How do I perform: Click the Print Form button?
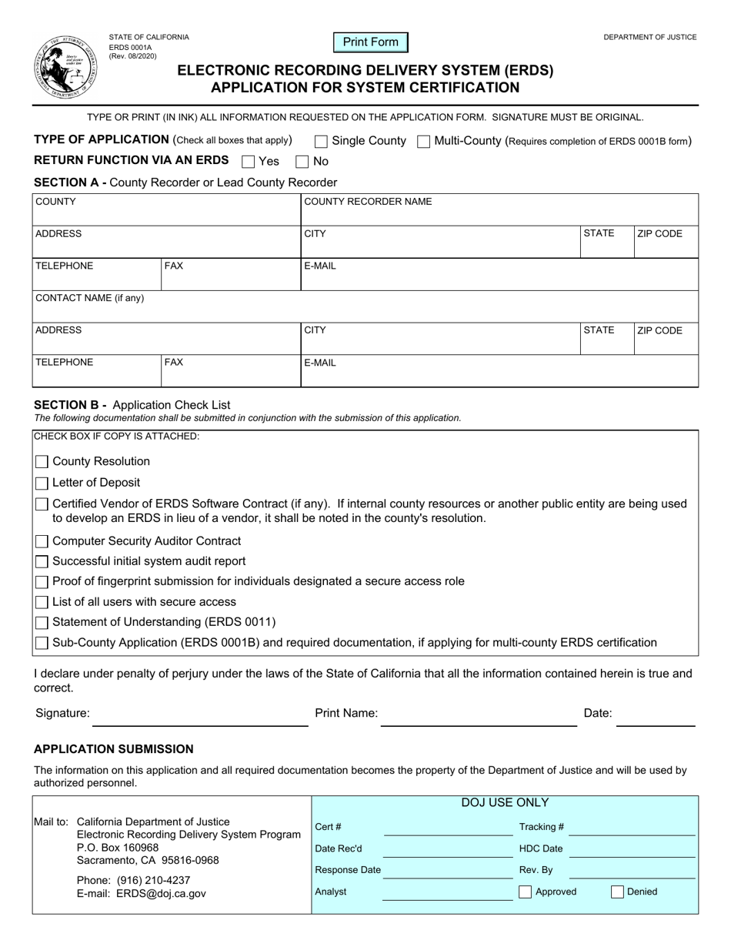tap(370, 42)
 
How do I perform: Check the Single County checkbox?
tap(322, 142)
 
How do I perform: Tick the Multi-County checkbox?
tap(423, 142)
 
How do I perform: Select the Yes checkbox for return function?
tap(248, 162)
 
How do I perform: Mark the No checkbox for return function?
tap(302, 162)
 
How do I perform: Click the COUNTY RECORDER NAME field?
tap(499, 210)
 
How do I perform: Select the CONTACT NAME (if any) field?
tap(365, 306)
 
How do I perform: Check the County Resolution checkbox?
tap(42, 462)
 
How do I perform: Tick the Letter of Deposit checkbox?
tap(42, 484)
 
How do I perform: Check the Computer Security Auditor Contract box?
tap(42, 542)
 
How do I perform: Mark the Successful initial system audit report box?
tap(42, 562)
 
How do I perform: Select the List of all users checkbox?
tap(42, 602)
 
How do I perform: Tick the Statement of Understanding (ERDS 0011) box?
tap(42, 622)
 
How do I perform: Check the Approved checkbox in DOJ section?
tap(525, 892)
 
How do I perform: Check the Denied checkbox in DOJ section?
tap(617, 892)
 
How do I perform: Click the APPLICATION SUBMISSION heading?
tap(114, 749)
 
